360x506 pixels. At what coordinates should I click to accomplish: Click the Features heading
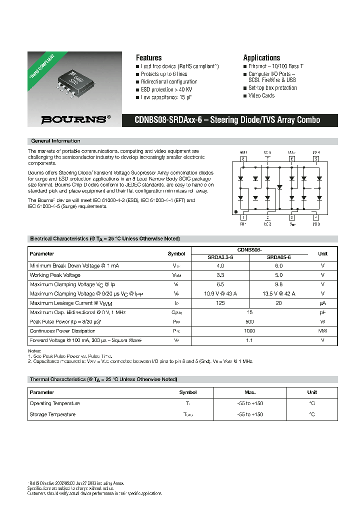point(148,57)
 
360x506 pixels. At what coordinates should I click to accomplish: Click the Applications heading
point(261,57)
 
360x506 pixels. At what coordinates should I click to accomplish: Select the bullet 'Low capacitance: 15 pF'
point(166,97)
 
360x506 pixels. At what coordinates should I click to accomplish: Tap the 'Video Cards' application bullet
point(261,95)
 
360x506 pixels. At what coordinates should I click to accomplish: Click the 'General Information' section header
point(55,141)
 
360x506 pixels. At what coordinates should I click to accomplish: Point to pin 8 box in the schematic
point(243,159)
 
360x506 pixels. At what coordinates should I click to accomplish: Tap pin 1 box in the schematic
point(243,217)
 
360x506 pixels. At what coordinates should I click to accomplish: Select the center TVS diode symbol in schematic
point(279,187)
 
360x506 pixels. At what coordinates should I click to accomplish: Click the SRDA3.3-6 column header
point(220,257)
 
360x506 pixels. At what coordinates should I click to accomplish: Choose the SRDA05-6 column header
point(278,257)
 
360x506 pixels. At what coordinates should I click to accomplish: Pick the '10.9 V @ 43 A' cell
point(220,293)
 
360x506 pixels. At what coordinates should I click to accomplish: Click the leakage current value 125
point(220,303)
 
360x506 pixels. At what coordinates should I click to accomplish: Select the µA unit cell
point(322,303)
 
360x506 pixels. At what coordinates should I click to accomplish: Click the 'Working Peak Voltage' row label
point(55,275)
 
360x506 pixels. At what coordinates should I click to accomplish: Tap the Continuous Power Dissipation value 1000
point(249,331)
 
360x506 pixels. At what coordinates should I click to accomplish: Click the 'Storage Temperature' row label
point(52,414)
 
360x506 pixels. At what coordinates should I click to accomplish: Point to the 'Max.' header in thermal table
point(249,392)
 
